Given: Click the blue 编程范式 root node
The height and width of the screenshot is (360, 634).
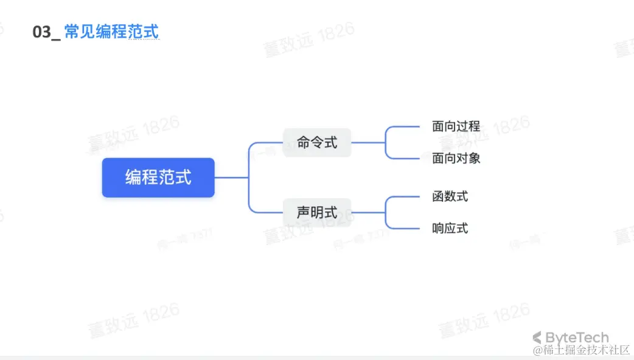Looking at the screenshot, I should [158, 178].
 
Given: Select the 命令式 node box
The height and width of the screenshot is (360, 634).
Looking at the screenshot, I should [317, 143].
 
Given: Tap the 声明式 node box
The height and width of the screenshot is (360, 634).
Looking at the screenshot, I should [317, 213].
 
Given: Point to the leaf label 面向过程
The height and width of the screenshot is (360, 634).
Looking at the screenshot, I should [456, 126].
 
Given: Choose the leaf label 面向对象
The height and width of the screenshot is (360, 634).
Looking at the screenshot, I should [456, 158].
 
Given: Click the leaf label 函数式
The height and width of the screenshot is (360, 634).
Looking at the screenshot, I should [450, 196].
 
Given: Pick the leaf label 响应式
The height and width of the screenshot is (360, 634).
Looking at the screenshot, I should [450, 229].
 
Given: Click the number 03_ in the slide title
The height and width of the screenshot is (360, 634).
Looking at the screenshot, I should [46, 32].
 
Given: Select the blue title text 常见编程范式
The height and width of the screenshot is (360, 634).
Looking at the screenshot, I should [111, 32].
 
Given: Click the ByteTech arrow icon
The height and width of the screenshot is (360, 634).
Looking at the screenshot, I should [537, 337].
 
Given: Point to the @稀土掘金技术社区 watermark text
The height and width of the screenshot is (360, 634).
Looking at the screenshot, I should [581, 350].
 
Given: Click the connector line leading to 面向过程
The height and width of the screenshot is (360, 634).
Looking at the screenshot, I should [405, 126].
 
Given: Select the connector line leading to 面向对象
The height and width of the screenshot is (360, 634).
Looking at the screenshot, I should [405, 159].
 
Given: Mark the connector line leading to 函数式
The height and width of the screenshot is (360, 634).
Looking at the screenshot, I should [405, 196].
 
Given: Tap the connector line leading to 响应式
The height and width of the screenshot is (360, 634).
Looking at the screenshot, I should [405, 229].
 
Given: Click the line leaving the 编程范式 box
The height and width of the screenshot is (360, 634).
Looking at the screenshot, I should [231, 178].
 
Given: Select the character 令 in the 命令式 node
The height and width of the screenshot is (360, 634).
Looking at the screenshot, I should [317, 143].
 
